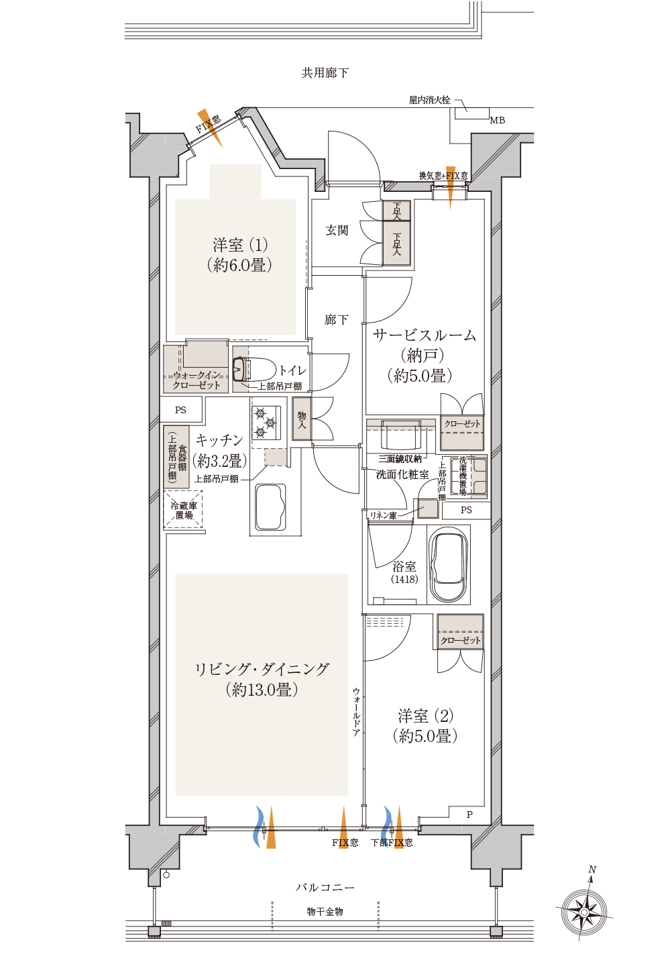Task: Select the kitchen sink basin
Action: pyautogui.click(x=270, y=507)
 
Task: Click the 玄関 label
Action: pyautogui.click(x=337, y=230)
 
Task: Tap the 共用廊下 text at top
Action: pyautogui.click(x=325, y=73)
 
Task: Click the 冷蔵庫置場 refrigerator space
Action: pyautogui.click(x=184, y=510)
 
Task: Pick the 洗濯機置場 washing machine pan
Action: pyautogui.click(x=468, y=476)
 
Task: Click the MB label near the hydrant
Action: pyautogui.click(x=497, y=121)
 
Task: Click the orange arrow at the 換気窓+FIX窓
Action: pyautogui.click(x=451, y=188)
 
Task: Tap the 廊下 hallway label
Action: pyautogui.click(x=337, y=319)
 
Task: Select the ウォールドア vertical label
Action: pyautogui.click(x=356, y=711)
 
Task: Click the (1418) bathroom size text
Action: pyautogui.click(x=404, y=579)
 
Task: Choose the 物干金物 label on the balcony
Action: pyautogui.click(x=325, y=912)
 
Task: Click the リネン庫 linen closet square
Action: pyautogui.click(x=428, y=508)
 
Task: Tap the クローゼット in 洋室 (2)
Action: pyautogui.click(x=460, y=631)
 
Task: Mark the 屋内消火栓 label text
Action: pyautogui.click(x=429, y=101)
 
